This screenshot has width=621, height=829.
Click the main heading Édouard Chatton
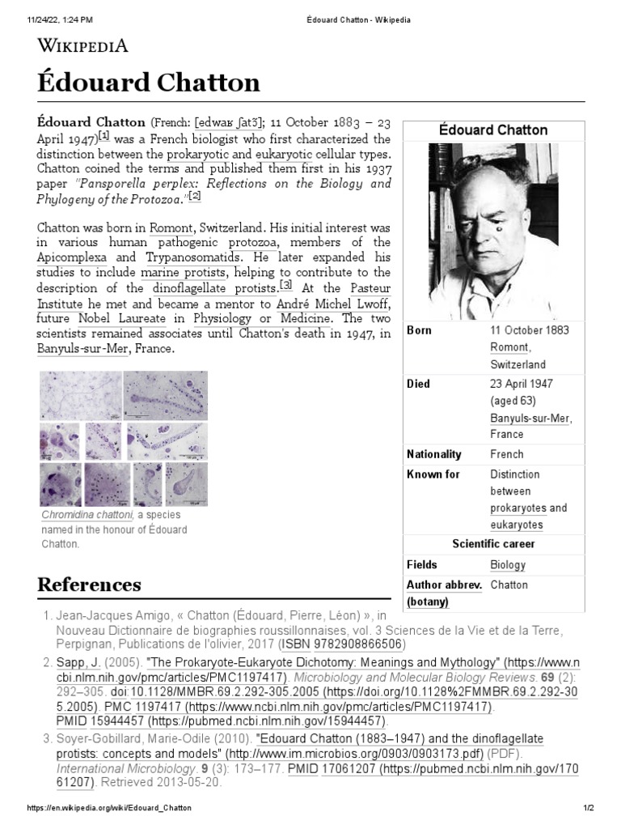coord(149,82)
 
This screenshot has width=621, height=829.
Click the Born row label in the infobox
coord(419,330)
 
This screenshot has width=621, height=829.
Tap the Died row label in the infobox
coord(418,384)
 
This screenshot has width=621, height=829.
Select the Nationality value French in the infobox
coord(507,454)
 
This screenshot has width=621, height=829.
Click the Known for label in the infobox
coord(433,474)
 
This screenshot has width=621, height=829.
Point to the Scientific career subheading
coord(493,544)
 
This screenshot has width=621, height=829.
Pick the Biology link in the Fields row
coord(508,565)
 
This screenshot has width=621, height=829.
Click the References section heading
coord(89,585)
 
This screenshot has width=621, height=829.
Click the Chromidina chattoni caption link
coord(87,515)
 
